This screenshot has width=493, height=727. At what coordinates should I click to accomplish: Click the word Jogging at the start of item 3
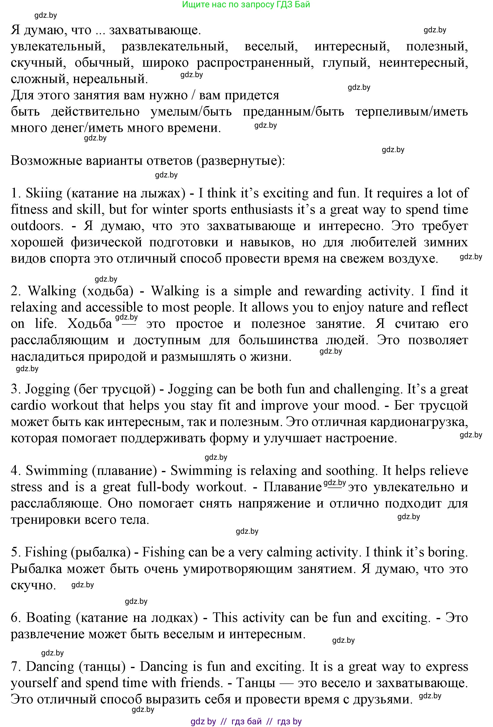47,389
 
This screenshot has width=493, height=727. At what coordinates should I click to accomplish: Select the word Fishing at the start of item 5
46,552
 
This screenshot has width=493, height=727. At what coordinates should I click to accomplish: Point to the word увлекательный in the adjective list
58,46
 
